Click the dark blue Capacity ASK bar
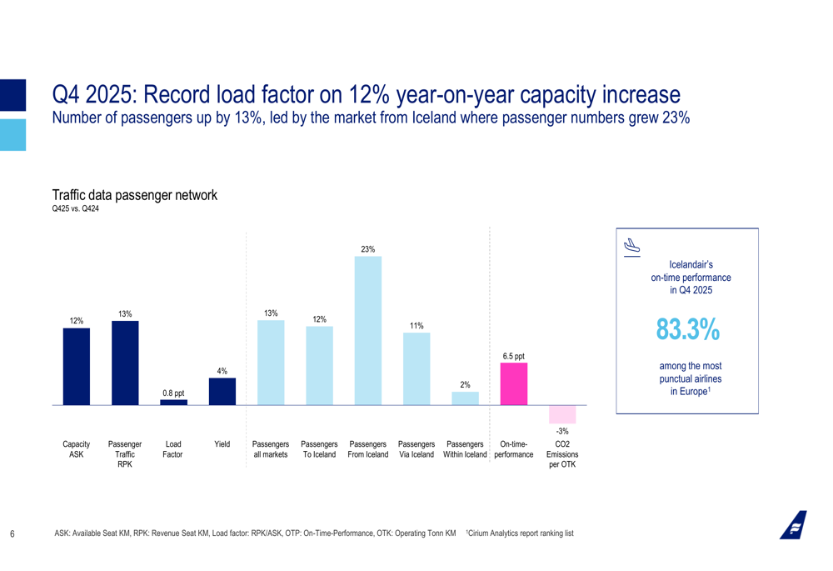click(x=77, y=366)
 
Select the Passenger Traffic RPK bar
click(x=125, y=363)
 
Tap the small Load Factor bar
click(x=173, y=402)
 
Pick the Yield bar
click(x=222, y=391)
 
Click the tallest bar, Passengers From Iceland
click(x=368, y=330)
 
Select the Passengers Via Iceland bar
click(x=416, y=368)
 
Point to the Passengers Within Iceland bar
click(x=465, y=398)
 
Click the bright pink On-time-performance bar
click(x=513, y=383)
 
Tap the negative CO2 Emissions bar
click(x=562, y=414)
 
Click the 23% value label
click(x=368, y=249)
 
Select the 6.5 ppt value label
click(x=513, y=356)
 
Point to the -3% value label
click(x=562, y=431)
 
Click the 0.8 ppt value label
click(x=173, y=393)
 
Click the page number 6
click(x=12, y=533)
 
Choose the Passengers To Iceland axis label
click(x=319, y=449)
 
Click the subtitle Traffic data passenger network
click(x=134, y=196)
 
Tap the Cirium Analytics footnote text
click(x=521, y=533)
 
